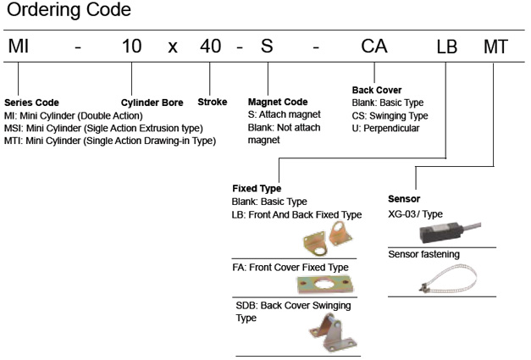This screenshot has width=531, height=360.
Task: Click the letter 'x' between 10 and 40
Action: tap(173, 52)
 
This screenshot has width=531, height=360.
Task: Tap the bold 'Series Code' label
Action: tap(31, 102)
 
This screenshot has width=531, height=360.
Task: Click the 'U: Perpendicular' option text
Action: tap(388, 129)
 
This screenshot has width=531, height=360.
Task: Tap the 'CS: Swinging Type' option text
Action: tap(390, 115)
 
